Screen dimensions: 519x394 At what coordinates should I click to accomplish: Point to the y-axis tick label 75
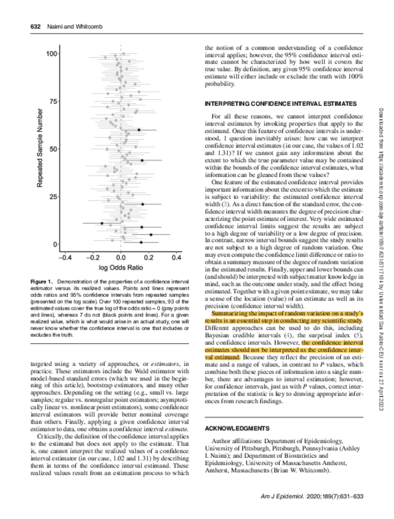click(54, 101)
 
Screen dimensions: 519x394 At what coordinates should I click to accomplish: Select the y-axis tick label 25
click(54, 196)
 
